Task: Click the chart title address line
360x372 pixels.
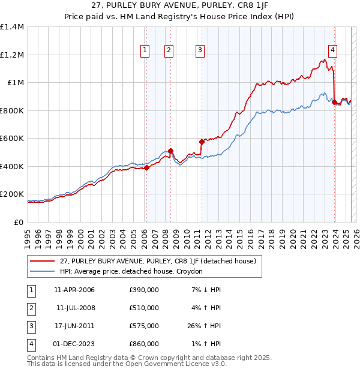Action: pyautogui.click(x=179, y=5)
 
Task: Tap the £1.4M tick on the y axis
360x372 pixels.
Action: pyautogui.click(x=12, y=27)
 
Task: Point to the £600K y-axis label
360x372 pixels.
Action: pyautogui.click(x=12, y=139)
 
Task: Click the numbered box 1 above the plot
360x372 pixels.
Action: pyautogui.click(x=145, y=50)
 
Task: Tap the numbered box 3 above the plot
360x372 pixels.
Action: pyautogui.click(x=200, y=50)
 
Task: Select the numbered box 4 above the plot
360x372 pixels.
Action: pyautogui.click(x=332, y=50)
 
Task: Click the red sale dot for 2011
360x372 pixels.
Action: pyautogui.click(x=202, y=142)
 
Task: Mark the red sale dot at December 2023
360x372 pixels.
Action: pyautogui.click(x=334, y=103)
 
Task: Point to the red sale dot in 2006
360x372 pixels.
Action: pyautogui.click(x=146, y=168)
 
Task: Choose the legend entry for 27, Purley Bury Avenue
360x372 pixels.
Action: pyautogui.click(x=158, y=261)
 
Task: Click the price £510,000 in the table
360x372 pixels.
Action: pyautogui.click(x=144, y=308)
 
